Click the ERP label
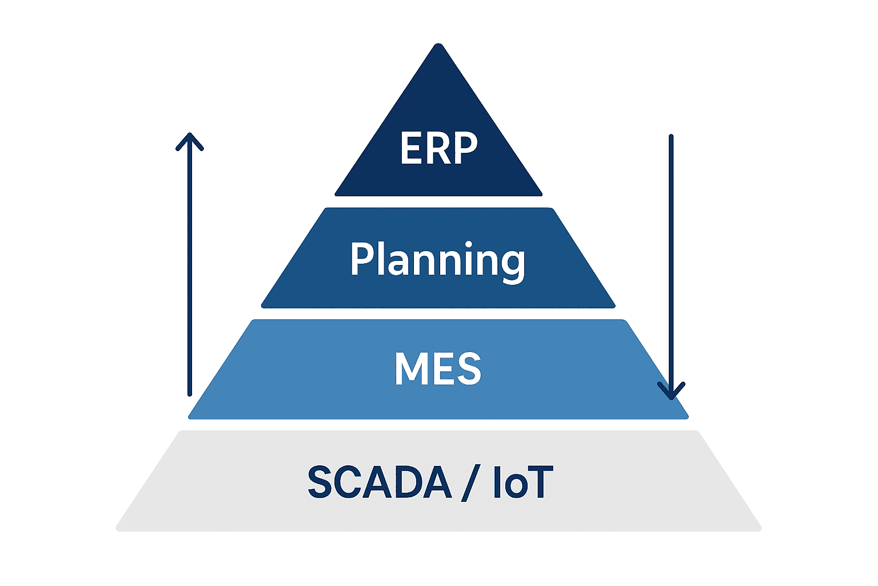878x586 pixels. [438, 148]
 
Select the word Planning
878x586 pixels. [438, 262]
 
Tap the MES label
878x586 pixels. [438, 369]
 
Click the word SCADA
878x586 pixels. [380, 482]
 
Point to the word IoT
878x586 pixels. [523, 482]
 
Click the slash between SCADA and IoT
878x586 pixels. [471, 483]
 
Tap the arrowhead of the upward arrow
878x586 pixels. [190, 142]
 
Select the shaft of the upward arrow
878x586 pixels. [190, 265]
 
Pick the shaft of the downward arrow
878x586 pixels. [671, 267]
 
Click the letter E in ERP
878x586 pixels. [410, 148]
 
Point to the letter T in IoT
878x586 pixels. [540, 482]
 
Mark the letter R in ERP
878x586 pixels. [438, 148]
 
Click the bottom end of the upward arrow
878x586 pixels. [190, 395]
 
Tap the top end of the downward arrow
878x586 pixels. [671, 136]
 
